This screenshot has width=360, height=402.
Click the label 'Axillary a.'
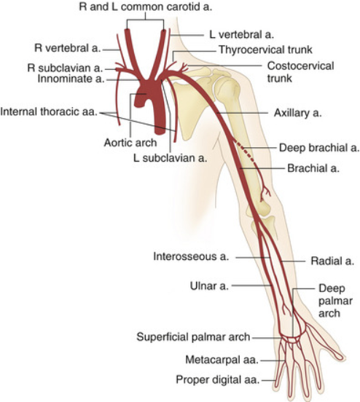coord(297,113)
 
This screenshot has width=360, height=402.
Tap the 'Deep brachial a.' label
coord(319,148)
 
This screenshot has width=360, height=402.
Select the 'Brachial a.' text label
coord(313,168)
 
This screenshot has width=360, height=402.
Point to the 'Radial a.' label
coord(332,261)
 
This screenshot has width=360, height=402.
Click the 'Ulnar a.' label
coord(209,286)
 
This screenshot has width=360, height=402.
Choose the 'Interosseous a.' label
coord(191,256)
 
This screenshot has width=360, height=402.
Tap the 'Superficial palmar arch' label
coord(193,337)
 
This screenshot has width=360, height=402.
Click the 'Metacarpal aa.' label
coord(222,360)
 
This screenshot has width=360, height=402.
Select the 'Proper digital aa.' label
coord(218,379)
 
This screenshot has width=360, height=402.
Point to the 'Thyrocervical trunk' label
coord(265,50)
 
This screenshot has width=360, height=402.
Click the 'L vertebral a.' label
coord(242,35)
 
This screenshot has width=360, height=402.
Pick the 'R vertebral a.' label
coord(68,48)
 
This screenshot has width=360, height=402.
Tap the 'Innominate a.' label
coord(71,79)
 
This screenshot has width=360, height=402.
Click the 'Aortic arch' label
coord(130,143)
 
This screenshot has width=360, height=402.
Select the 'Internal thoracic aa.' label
coord(49,111)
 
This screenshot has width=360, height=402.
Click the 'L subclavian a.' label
coord(170,158)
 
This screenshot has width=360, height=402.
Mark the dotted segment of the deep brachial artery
coord(245,153)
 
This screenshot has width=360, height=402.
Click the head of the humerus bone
coord(228,88)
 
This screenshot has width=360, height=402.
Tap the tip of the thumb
coord(343,357)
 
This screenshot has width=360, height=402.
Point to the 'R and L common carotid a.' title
coord(146,7)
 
